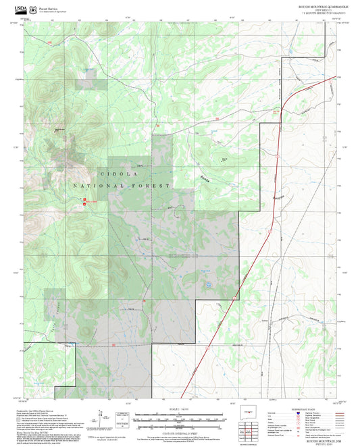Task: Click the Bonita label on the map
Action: point(201,179)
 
